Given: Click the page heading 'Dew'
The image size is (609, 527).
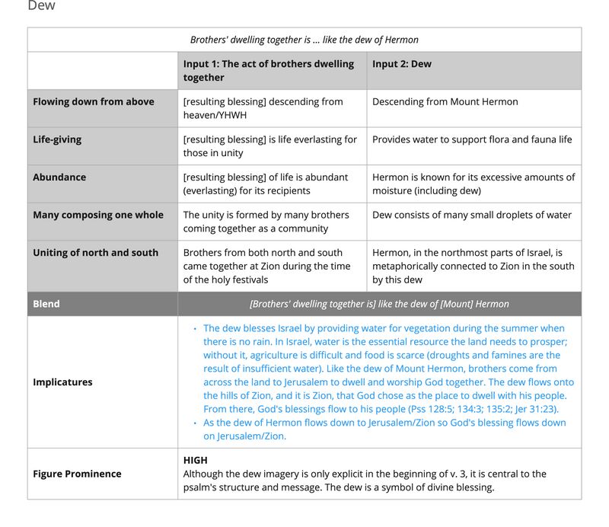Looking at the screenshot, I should tap(41, 6).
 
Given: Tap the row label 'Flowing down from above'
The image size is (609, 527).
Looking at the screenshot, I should tap(94, 102).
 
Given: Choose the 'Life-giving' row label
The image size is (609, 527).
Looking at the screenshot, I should tap(57, 139).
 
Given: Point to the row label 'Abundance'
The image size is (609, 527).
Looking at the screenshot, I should tap(59, 177).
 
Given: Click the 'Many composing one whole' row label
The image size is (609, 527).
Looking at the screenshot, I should tap(98, 215).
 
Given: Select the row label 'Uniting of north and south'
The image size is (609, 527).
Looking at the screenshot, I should tap(96, 253).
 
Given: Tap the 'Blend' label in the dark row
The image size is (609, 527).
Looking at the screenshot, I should tap(46, 304).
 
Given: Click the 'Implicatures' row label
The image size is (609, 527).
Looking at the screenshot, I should tap(62, 382).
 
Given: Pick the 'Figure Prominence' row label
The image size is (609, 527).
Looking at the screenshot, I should tap(77, 474).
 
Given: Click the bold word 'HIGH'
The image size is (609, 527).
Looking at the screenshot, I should tap(196, 460).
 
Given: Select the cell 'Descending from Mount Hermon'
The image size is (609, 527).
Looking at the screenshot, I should tap(445, 102).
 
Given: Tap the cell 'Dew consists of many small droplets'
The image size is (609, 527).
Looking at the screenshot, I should tap(472, 215).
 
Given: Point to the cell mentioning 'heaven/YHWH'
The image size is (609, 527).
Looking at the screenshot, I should tap(263, 108).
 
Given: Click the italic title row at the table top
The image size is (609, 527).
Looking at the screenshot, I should tap(304, 40).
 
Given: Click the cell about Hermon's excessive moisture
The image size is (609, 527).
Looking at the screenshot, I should tap(473, 184).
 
